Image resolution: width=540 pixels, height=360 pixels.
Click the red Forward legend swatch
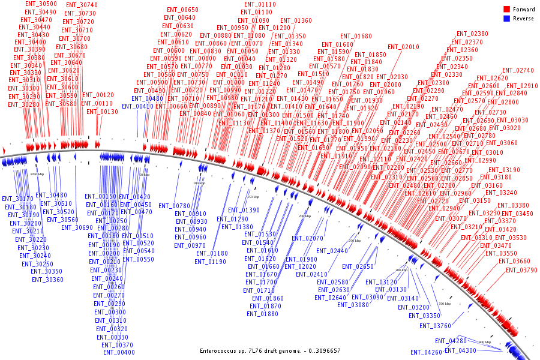coord(506,10)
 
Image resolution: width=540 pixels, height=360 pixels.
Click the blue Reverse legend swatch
coord(506,19)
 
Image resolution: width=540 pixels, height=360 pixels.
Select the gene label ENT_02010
coord(403,47)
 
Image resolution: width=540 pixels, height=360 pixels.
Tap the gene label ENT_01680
coord(356,37)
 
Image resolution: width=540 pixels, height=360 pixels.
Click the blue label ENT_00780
coord(174,206)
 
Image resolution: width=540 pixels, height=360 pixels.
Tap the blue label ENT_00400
coord(118,353)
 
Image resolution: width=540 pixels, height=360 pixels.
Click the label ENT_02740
coord(518,71)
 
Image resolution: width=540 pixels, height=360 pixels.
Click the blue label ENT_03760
coord(435,326)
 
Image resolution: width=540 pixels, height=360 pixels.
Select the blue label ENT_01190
coord(210,262)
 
